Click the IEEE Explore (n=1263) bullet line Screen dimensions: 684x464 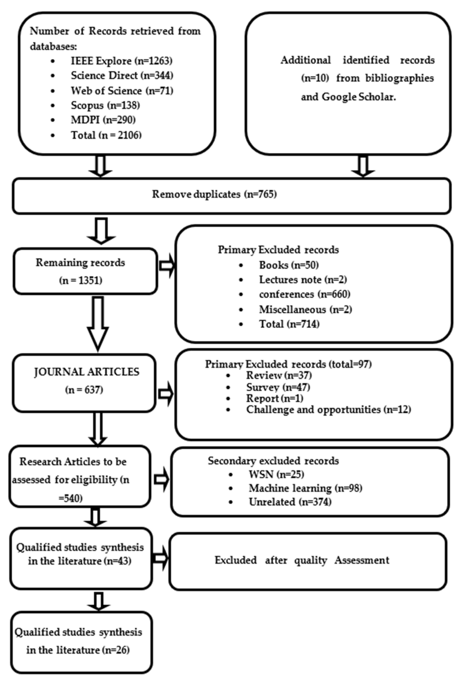121,61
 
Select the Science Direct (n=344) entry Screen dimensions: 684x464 122,76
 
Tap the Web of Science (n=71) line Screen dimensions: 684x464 122,91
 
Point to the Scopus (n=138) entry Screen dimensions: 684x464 105,105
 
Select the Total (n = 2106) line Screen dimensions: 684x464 106,135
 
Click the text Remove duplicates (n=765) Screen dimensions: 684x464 214,194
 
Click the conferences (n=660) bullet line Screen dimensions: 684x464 304,294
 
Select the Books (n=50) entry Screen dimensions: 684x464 289,265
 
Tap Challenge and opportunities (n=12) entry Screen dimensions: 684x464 328,409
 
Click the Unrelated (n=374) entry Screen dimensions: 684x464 290,502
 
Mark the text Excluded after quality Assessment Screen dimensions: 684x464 302,560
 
